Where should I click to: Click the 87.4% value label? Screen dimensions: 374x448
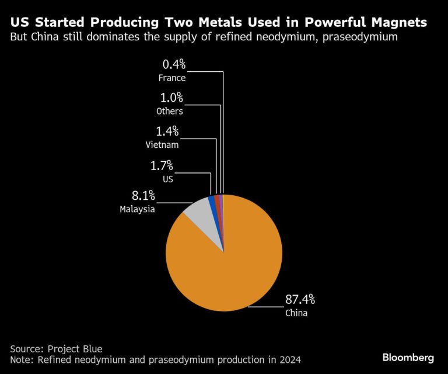click(300, 300)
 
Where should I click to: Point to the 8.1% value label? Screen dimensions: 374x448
click(141, 195)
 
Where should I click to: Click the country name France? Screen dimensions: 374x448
click(171, 78)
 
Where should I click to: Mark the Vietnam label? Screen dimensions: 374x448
click(163, 144)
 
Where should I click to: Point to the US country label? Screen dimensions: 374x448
click(168, 179)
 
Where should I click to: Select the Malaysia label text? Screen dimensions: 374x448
click(138, 209)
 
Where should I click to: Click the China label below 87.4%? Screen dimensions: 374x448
click(296, 313)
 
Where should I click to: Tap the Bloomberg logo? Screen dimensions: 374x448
click(408, 356)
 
